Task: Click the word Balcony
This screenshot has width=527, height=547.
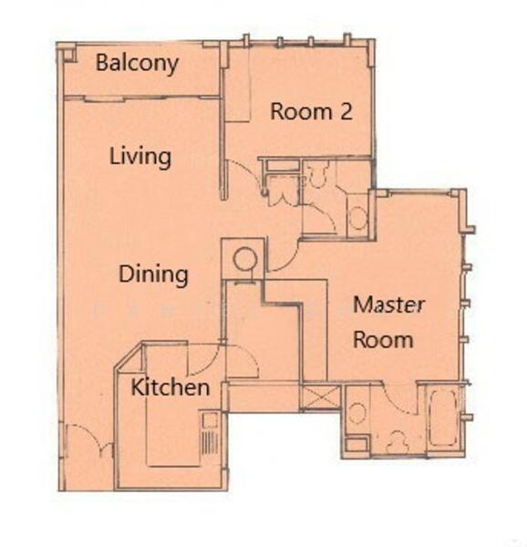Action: [137, 65]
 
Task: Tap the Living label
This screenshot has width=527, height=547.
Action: [139, 157]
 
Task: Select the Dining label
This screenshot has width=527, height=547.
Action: [153, 273]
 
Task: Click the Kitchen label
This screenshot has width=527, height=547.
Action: [170, 387]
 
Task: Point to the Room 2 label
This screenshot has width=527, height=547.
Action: [311, 112]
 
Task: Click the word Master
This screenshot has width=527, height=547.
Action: [387, 304]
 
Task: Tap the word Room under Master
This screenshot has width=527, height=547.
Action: [384, 340]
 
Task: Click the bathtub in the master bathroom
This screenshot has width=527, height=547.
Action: [444, 417]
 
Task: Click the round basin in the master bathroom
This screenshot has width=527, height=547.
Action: [356, 413]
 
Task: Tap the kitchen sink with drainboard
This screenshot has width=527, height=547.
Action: [210, 436]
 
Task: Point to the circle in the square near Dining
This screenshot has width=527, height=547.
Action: [244, 258]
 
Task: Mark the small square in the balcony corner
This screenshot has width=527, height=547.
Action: [67, 55]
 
